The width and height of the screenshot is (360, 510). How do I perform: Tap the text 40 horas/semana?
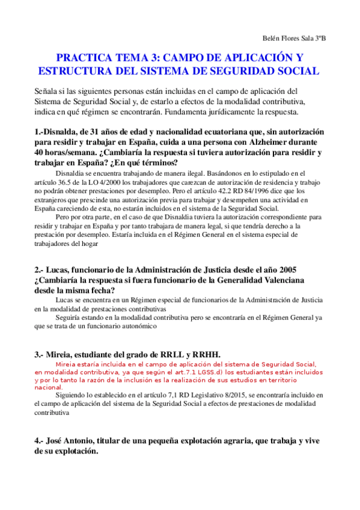click(x=62, y=153)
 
